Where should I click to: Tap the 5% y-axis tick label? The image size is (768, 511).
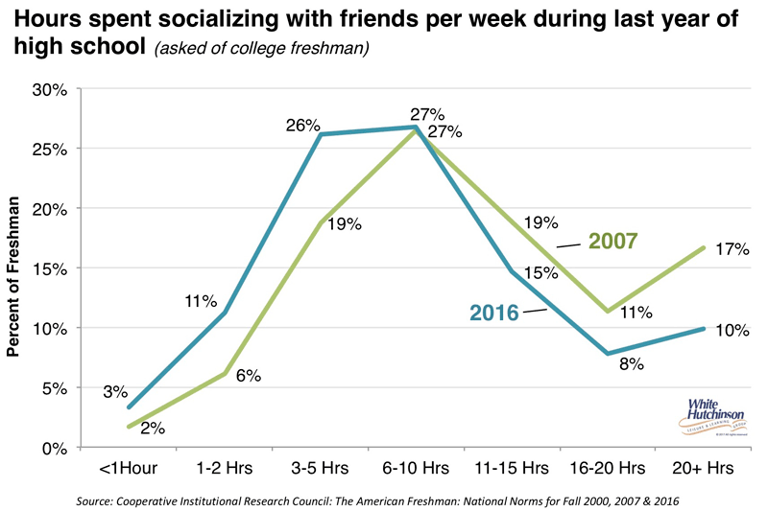tap(54, 388)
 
